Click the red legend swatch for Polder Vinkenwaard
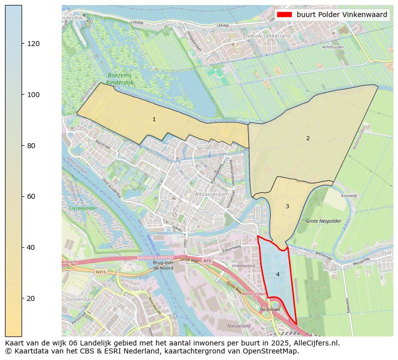pos(284,15)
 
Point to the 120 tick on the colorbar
pos(22,44)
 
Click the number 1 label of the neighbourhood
pos(154,119)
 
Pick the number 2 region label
pos(308,138)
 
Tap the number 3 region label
pos(287,206)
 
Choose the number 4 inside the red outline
pos(278,274)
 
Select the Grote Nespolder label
pos(323,221)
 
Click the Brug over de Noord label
pos(163,265)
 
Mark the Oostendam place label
pos(80,299)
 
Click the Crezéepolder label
pos(83,207)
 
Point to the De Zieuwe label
pos(269,310)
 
